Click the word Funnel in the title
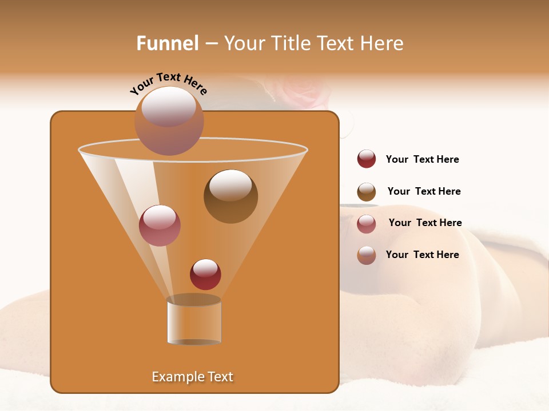[x=168, y=43]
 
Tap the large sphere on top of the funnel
[x=169, y=120]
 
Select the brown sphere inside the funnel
[x=230, y=196]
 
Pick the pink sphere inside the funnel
[x=160, y=225]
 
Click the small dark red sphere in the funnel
[x=205, y=274]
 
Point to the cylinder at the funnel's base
[x=194, y=320]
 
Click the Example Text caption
[x=193, y=377]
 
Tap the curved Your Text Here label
[x=168, y=83]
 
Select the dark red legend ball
[x=367, y=159]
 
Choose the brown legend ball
[x=367, y=192]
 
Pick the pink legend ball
[x=367, y=224]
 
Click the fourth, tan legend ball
[x=367, y=255]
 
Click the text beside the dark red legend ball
[x=422, y=160]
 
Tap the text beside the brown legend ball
[x=424, y=192]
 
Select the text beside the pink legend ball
[x=425, y=223]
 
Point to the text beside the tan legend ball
[x=422, y=255]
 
